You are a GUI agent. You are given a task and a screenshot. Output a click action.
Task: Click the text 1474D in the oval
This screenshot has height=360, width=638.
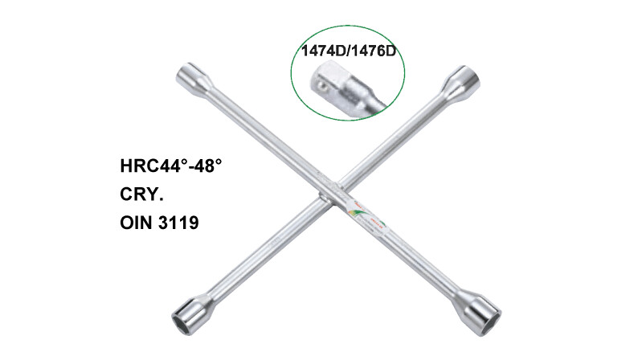pos(324,51)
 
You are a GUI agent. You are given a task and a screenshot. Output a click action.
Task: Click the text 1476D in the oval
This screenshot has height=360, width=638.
pos(374,51)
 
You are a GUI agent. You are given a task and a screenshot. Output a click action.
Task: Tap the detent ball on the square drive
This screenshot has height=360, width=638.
pos(322,85)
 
